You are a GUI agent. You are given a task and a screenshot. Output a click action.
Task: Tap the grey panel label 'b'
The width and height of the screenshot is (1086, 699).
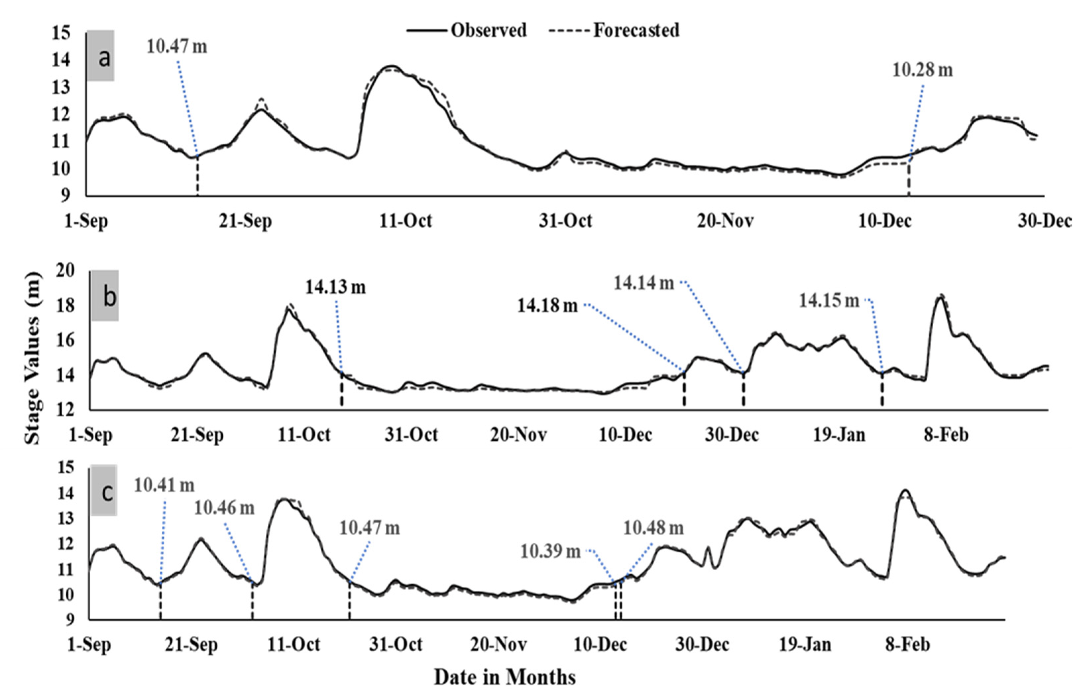pyautogui.click(x=105, y=296)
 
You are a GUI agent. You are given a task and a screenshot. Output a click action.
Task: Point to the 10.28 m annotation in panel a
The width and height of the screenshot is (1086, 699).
pyautogui.click(x=922, y=70)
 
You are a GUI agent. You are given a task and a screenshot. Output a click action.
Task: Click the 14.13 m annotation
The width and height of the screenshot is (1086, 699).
pyautogui.click(x=335, y=287)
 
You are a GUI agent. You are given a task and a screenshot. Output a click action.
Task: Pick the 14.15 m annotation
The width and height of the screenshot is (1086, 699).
pyautogui.click(x=829, y=300)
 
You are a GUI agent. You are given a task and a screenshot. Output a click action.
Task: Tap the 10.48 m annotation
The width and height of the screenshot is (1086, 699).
pyautogui.click(x=653, y=528)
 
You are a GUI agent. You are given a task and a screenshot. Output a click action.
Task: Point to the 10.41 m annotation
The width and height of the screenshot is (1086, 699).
pyautogui.click(x=164, y=485)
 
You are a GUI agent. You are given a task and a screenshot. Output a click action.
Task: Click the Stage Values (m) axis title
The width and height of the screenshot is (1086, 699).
pyautogui.click(x=32, y=358)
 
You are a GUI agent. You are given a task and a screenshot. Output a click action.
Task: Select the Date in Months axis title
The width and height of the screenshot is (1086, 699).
pyautogui.click(x=505, y=677)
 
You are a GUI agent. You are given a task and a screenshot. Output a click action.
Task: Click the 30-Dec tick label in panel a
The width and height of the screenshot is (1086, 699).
pyautogui.click(x=1044, y=221)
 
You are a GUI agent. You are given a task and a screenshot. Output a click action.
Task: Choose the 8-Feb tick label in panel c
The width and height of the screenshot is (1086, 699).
pyautogui.click(x=907, y=645)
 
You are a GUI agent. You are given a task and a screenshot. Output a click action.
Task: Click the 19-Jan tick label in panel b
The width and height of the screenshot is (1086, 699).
pyautogui.click(x=839, y=435)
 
